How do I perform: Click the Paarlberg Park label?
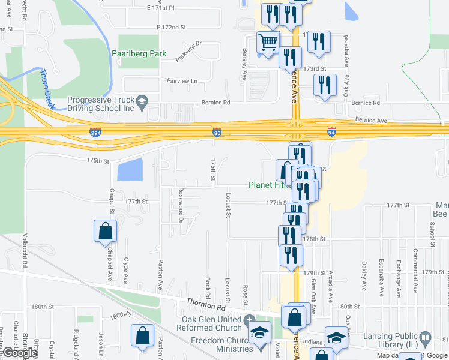[x=139, y=53]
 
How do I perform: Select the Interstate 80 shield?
[x=217, y=131]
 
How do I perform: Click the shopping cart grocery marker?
[x=268, y=42]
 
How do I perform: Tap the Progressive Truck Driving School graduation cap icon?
[x=142, y=100]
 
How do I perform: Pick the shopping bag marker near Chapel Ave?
[x=105, y=231]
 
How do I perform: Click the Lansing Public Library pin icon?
[x=426, y=338]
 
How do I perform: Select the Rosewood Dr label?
[x=180, y=205]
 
